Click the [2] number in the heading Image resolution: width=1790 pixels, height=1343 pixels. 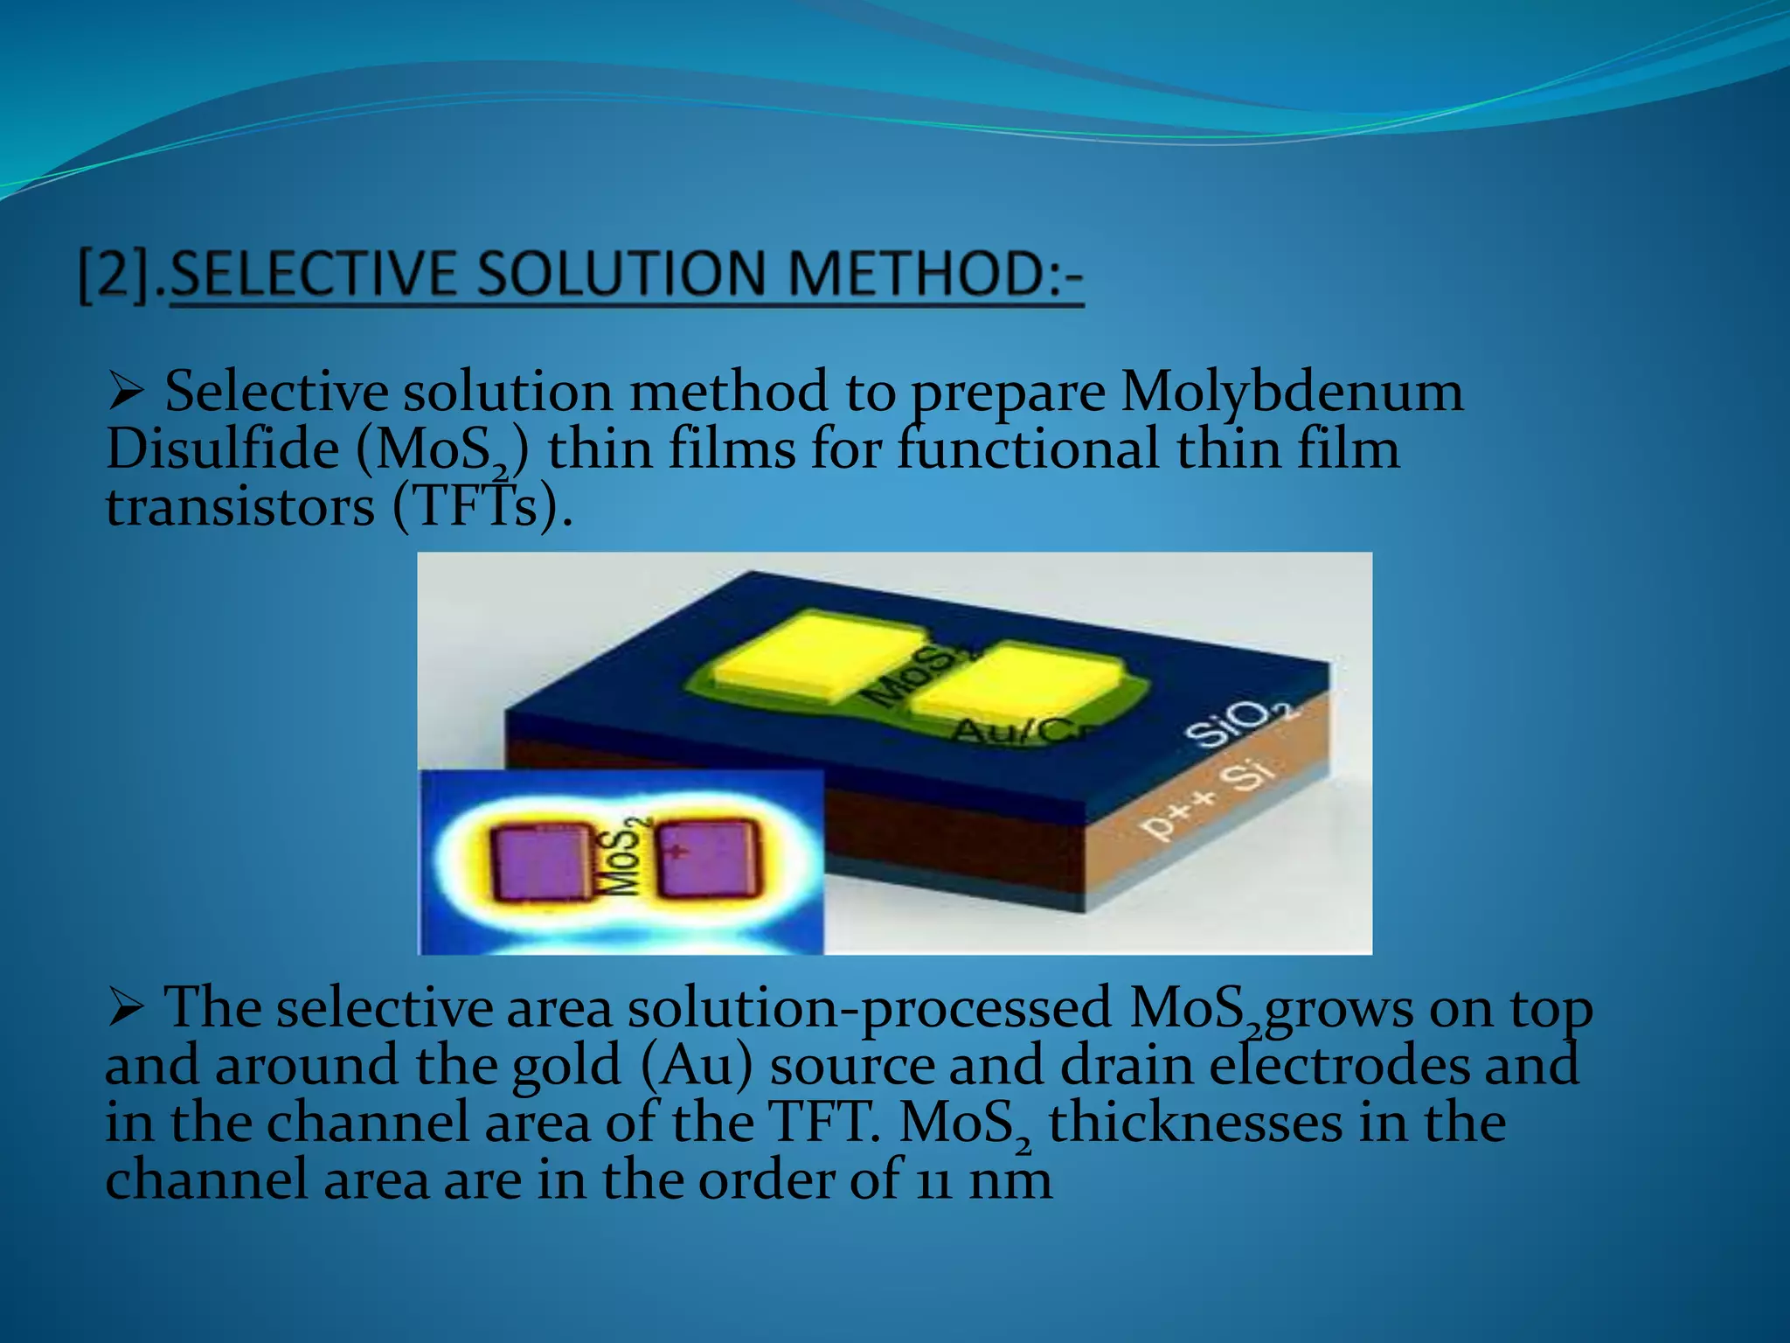[x=118, y=275]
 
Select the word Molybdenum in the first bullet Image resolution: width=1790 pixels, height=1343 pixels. [x=1292, y=392]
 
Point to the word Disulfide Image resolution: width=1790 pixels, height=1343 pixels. [x=222, y=449]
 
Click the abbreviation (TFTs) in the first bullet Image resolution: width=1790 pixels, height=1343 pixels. [x=482, y=507]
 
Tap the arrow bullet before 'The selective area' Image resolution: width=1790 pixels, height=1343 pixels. [x=126, y=1008]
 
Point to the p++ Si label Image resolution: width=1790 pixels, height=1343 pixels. [x=1209, y=801]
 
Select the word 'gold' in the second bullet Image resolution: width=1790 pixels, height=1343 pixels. [x=565, y=1067]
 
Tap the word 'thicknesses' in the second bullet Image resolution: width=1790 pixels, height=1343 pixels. [x=1195, y=1124]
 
